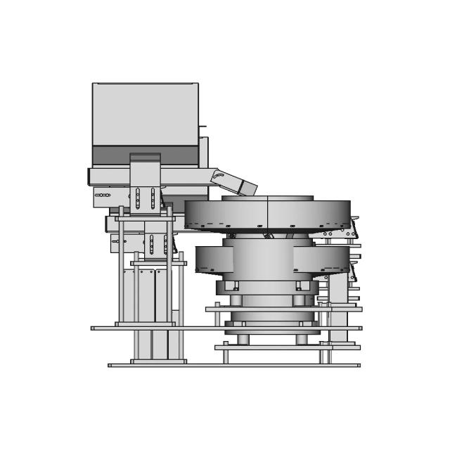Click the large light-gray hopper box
point(145,114)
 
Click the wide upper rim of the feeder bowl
point(267,214)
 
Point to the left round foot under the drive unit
point(243,339)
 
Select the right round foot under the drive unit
point(302,339)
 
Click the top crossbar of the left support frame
point(144,219)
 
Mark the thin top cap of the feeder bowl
point(267,198)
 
